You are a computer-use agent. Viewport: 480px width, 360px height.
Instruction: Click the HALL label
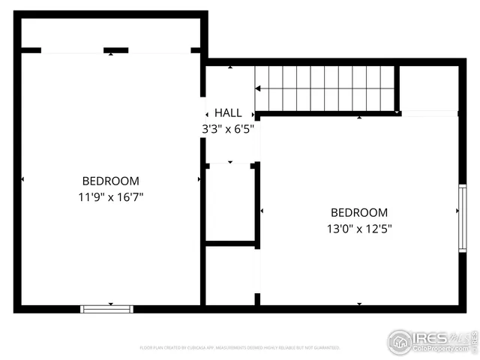(228, 112)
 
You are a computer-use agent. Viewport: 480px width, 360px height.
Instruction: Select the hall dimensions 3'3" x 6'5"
(228, 128)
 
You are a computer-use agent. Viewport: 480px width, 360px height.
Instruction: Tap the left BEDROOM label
(111, 181)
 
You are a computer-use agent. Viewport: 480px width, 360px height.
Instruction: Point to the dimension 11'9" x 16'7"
(111, 196)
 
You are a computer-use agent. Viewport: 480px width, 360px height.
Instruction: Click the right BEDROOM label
(359, 212)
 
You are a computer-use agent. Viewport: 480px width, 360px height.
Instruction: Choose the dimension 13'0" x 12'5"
(359, 229)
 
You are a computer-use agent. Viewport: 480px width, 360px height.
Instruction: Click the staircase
(325, 88)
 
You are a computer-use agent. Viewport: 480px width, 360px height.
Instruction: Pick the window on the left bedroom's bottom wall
(107, 308)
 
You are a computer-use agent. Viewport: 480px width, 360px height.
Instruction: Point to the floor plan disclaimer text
(240, 348)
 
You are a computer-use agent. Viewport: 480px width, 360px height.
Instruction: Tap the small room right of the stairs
(428, 88)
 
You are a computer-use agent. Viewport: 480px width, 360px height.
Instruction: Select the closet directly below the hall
(230, 202)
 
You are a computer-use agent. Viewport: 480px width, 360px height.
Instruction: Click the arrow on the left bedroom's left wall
(22, 179)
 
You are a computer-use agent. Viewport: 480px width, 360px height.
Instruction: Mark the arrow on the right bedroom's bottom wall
(359, 304)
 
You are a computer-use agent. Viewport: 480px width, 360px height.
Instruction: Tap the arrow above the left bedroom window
(111, 304)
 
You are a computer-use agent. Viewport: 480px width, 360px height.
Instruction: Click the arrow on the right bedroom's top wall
(359, 118)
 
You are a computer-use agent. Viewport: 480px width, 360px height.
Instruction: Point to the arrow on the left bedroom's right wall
(199, 179)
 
